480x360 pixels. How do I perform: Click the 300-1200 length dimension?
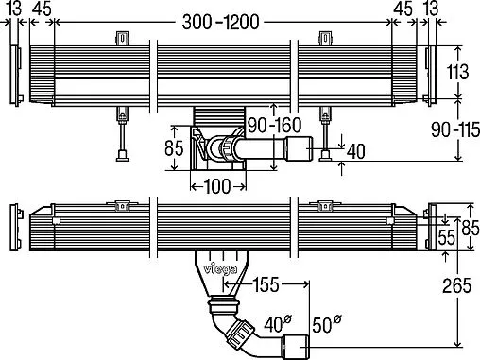(x=220, y=23)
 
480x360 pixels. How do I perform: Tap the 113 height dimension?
(x=457, y=72)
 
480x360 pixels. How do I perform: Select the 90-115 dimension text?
(x=455, y=129)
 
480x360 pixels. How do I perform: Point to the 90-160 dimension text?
(x=274, y=126)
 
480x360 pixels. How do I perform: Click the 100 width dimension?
(x=217, y=186)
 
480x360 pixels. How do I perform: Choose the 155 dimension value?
(x=266, y=284)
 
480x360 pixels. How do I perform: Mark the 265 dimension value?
(x=456, y=285)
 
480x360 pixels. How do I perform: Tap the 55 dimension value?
(x=447, y=237)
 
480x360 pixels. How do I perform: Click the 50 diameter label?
(x=327, y=324)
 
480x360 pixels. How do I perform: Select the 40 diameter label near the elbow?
(x=278, y=324)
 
